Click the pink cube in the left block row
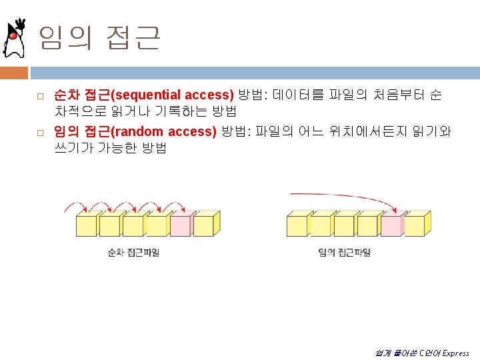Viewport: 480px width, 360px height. click(x=181, y=225)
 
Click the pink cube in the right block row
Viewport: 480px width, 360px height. click(x=392, y=225)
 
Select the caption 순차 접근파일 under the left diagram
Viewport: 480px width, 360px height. click(x=134, y=252)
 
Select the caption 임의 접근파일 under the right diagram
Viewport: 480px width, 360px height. click(x=345, y=252)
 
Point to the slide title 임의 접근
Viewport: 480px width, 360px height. click(x=99, y=38)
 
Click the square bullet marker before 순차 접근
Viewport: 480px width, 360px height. click(x=39, y=97)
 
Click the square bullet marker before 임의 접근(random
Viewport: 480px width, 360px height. click(x=39, y=133)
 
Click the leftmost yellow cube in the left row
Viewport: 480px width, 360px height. click(x=87, y=225)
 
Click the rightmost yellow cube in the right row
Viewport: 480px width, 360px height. click(x=416, y=225)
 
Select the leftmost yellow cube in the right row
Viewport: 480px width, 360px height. click(x=297, y=225)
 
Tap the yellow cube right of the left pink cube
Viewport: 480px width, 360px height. click(x=204, y=225)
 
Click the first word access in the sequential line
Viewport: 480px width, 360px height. click(x=208, y=95)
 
